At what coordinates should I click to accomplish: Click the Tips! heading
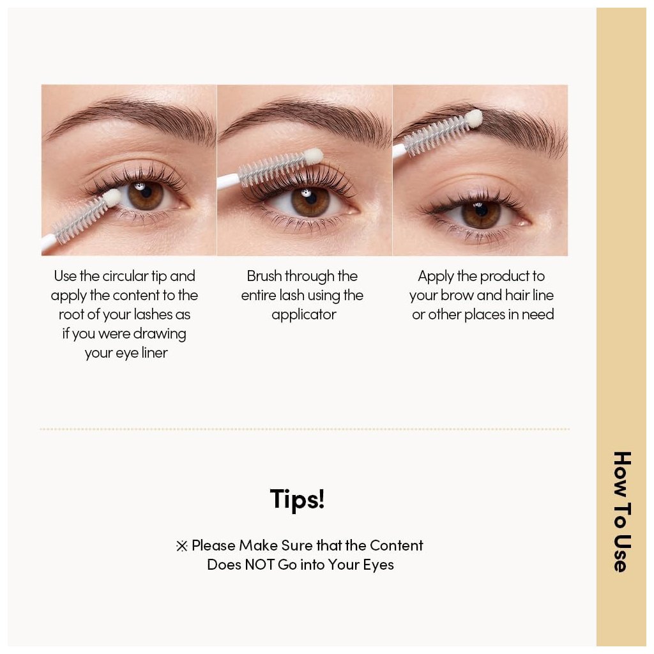coord(297,499)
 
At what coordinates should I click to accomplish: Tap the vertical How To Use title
coord(622,512)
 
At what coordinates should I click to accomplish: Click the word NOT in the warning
coord(261,565)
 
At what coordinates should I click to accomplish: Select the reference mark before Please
coord(182,546)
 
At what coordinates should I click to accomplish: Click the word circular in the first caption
coord(125,276)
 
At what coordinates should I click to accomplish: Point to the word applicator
coord(303,315)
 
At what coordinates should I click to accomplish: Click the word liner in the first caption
coord(155,353)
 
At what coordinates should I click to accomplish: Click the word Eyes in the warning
coord(378,565)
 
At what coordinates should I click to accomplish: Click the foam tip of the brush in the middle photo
coord(313,157)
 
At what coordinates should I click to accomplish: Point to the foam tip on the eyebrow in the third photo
coord(474,118)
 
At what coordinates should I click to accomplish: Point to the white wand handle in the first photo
coord(49,243)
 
